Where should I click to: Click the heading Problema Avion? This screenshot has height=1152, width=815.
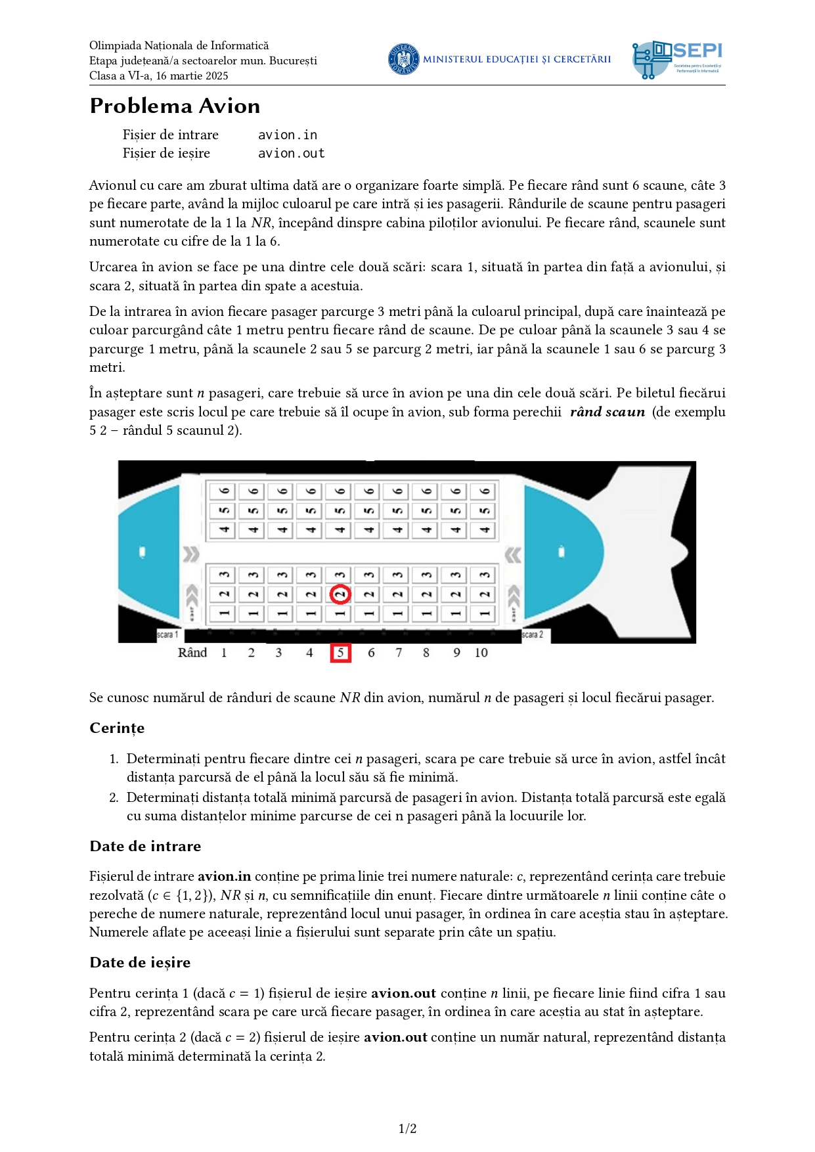coord(175,106)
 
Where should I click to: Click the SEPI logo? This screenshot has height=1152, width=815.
coord(677,60)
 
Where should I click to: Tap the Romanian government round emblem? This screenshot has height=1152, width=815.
coord(403,59)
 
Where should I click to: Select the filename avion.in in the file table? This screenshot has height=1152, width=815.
coord(288,135)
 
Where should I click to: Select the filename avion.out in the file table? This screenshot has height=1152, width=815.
coord(292,153)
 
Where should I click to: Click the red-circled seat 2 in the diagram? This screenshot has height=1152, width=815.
coord(340,594)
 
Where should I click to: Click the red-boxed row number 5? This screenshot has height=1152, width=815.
coord(340,653)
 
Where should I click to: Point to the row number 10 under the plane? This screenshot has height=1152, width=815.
coord(481,653)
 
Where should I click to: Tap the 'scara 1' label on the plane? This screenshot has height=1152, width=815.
coord(167,634)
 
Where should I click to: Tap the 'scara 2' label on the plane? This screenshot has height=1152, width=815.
coord(532,634)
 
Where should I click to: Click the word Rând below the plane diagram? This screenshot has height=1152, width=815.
coord(192,653)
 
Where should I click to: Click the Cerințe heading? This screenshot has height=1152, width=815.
coord(117,728)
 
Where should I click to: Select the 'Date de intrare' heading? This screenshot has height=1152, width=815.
coord(145,846)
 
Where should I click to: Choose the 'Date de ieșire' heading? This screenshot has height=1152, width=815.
coord(140,962)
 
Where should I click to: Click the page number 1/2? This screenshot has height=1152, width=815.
coord(407,1128)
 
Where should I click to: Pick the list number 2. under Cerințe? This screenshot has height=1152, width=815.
coord(114,797)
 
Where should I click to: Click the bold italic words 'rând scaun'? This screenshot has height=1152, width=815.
coord(607,412)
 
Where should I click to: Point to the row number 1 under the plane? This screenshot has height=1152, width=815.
coord(224,653)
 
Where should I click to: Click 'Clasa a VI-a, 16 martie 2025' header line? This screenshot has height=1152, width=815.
coord(159,76)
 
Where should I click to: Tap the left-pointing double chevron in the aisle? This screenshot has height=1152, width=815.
coord(513,555)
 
